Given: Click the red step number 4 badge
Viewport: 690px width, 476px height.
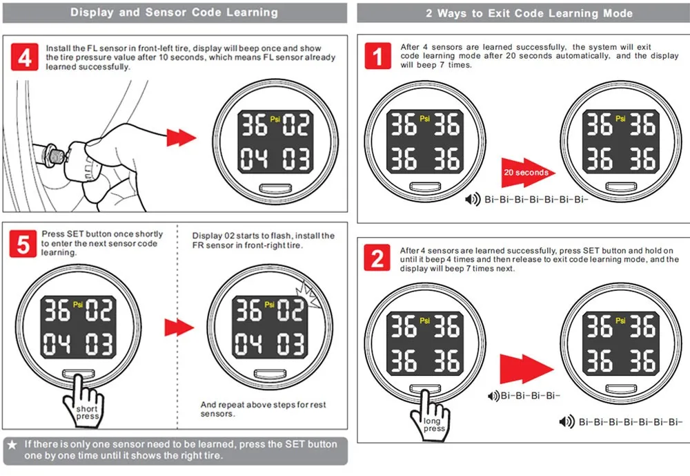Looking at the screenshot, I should tap(25, 57).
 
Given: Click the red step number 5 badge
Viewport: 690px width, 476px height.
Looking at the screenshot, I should tap(25, 244).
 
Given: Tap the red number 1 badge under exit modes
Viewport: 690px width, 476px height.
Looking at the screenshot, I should tap(377, 55).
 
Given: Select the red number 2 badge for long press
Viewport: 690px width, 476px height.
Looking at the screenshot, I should tap(377, 259).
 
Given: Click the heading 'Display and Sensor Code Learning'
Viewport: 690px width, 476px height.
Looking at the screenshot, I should tap(174, 12).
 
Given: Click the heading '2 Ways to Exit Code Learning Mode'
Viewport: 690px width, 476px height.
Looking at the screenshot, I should tap(529, 13).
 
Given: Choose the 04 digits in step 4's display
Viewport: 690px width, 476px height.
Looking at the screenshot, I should tap(253, 159).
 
